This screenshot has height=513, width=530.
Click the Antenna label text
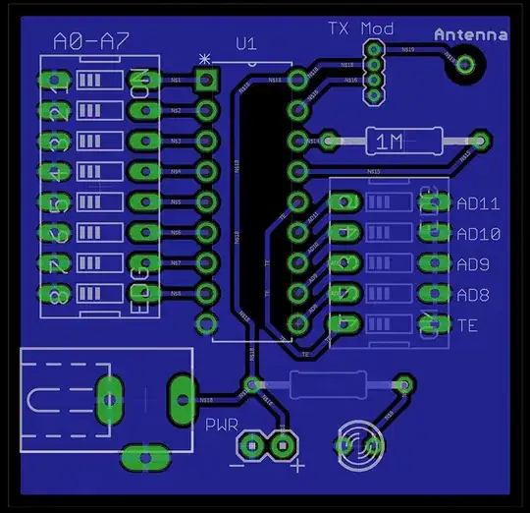471,34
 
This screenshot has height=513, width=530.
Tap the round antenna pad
464,65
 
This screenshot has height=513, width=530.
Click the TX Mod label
360,28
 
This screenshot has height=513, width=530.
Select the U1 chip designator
246,43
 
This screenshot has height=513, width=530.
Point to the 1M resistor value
390,142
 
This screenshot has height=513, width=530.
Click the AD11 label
479,204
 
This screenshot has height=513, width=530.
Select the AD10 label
479,235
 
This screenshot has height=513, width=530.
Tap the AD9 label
474,264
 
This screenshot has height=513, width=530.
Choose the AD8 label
474,294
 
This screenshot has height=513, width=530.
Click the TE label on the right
467,324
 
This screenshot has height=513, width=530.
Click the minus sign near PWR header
240,465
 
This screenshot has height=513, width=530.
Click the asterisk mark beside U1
204,59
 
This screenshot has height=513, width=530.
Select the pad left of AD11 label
432,203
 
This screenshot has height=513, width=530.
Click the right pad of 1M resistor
480,142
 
